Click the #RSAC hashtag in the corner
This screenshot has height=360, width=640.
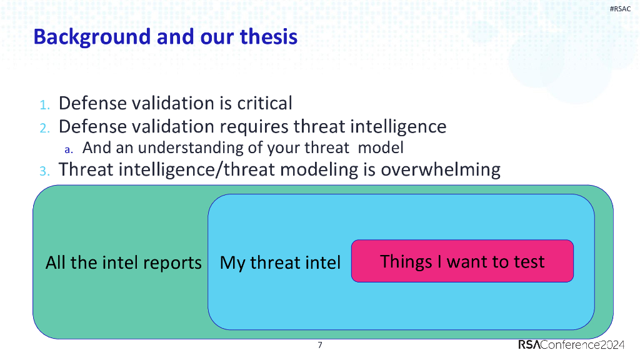coord(620,8)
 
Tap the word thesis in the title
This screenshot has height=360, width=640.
coord(269,37)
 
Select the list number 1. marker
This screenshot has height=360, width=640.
coord(44,104)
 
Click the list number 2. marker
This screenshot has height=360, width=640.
coord(44,127)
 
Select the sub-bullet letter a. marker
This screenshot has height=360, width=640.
coord(69,149)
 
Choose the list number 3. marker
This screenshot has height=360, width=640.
coord(44,171)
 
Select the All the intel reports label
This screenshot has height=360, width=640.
coord(123,262)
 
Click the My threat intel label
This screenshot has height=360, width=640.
coord(280,262)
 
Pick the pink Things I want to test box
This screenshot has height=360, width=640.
coord(462,261)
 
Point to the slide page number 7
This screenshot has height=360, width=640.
coord(320,345)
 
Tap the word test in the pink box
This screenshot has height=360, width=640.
coord(529,261)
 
